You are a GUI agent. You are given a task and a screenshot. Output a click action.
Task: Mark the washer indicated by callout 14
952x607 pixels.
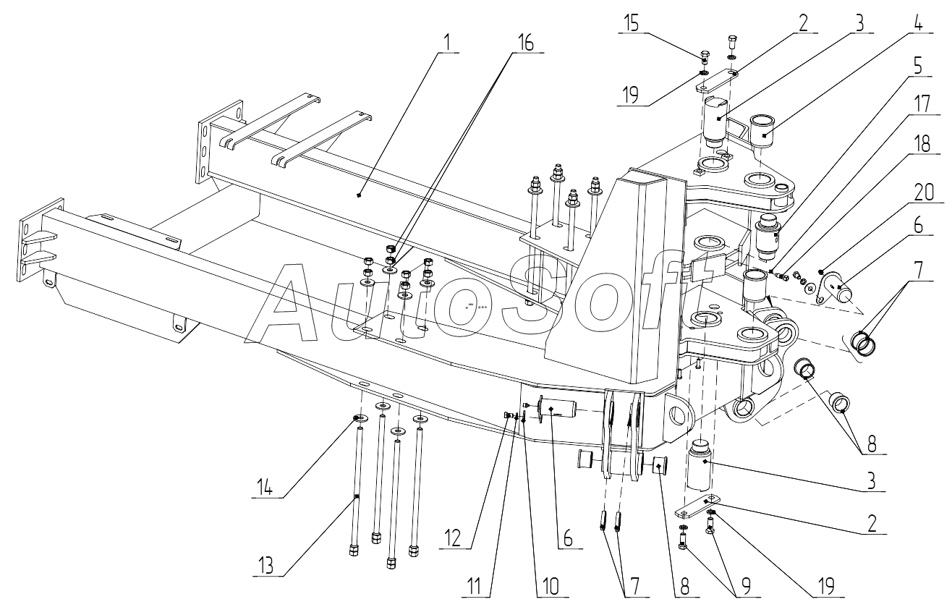[360, 419]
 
